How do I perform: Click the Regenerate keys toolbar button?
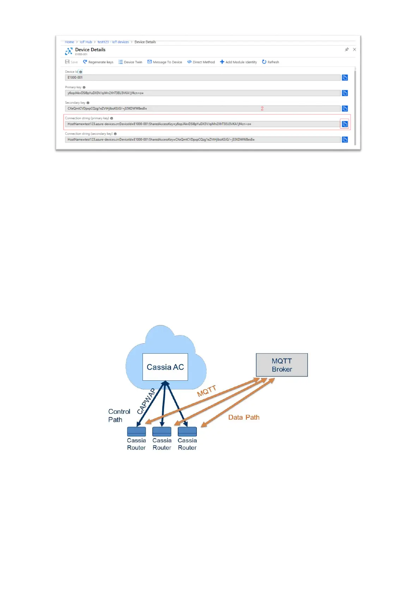98,62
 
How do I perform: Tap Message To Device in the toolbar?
165,62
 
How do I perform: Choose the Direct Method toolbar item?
201,62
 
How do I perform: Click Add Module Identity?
238,62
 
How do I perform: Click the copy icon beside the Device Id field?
345,77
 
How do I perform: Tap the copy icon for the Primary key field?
345,93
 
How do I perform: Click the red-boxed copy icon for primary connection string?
345,124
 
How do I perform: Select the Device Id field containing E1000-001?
202,77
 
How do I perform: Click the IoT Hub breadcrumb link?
86,42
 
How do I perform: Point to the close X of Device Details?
354,50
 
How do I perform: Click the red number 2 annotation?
262,108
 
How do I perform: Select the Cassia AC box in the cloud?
165,367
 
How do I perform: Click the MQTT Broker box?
282,365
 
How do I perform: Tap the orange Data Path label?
244,417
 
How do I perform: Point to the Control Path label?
119,416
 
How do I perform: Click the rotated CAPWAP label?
146,401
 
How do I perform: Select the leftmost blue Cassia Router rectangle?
136,431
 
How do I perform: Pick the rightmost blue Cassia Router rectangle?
187,431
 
